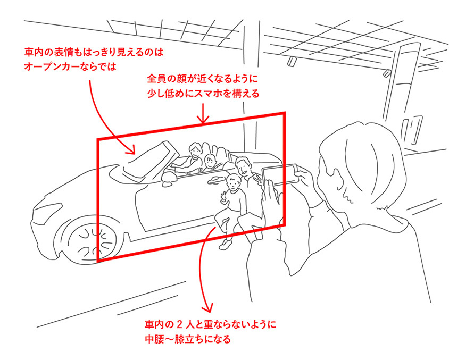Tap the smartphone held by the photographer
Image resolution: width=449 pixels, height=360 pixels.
pos(280,174)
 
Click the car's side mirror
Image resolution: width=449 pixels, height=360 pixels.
pos(169,178)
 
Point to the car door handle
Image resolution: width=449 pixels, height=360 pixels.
pos(215,180)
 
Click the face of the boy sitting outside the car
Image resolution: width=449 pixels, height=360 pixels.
pos(234,183)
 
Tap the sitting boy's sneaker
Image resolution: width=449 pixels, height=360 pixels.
pos(226,245)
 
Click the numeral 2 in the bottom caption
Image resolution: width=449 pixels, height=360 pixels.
pos(179,325)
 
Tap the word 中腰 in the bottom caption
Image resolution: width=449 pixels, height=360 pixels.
pos(154,339)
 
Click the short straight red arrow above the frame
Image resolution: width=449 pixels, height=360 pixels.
pos(203,114)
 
